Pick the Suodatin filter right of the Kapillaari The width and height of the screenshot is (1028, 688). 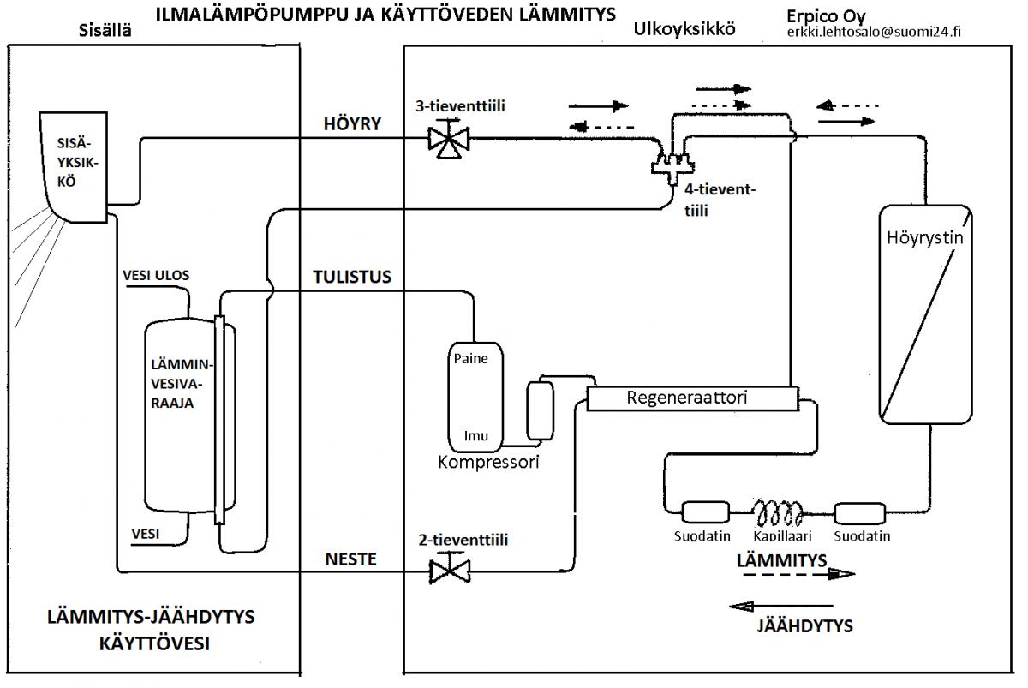tap(861, 512)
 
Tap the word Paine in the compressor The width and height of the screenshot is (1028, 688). tap(470, 359)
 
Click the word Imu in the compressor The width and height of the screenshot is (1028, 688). tap(476, 436)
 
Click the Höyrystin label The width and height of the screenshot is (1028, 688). tap(923, 237)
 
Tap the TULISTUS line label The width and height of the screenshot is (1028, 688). tap(351, 277)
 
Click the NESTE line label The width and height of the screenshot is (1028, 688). tap(350, 559)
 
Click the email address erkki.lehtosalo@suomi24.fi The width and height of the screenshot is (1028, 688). tap(881, 33)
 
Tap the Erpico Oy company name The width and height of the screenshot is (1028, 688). tap(824, 16)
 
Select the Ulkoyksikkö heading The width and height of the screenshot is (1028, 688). tap(684, 29)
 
